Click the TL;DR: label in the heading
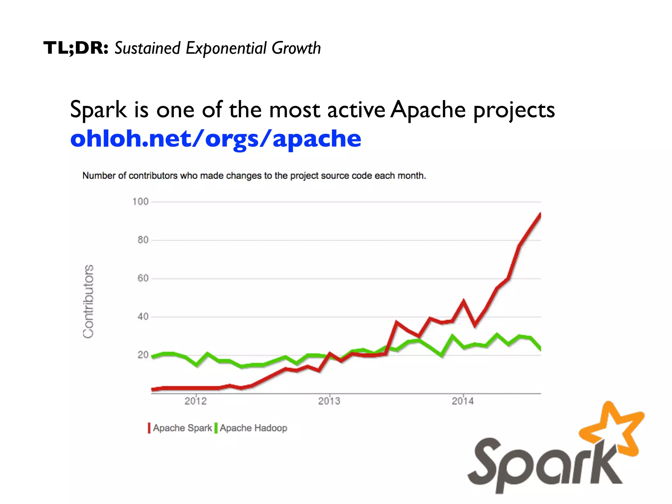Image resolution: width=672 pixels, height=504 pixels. click(76, 48)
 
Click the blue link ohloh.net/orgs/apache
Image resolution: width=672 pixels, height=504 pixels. click(216, 138)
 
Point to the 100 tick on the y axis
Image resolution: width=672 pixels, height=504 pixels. click(140, 201)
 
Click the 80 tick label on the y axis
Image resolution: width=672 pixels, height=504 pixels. click(143, 240)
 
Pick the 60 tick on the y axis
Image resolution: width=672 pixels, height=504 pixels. click(143, 278)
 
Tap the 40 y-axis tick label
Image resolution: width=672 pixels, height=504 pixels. click(143, 317)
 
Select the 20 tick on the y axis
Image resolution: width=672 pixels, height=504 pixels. click(143, 355)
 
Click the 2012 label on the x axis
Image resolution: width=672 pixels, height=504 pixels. click(196, 401)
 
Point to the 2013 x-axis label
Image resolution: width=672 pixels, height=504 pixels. click(329, 401)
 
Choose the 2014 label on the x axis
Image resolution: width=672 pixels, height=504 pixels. click(463, 401)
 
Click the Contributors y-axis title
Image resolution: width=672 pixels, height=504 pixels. click(88, 301)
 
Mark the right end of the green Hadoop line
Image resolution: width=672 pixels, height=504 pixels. click(540, 349)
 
